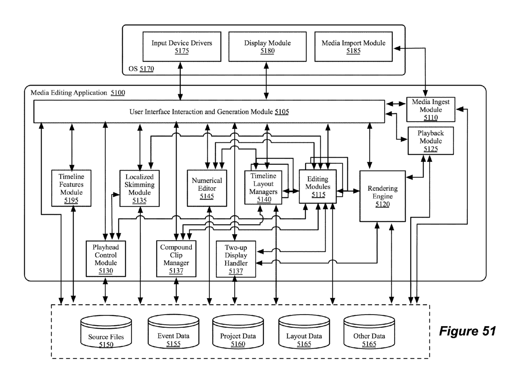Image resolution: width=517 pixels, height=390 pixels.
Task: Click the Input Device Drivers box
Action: click(x=182, y=47)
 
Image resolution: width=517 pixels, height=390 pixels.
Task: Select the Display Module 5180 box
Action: click(x=267, y=47)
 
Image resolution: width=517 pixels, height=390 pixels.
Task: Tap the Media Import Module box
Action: click(x=353, y=47)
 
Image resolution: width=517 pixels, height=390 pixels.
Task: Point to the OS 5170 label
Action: click(x=141, y=69)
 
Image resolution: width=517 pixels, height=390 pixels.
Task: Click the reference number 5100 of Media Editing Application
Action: click(x=118, y=93)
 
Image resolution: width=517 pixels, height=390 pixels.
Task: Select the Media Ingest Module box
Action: click(x=431, y=109)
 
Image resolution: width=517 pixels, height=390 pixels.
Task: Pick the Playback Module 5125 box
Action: click(x=431, y=141)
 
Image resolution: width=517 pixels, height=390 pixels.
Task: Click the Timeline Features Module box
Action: click(x=71, y=188)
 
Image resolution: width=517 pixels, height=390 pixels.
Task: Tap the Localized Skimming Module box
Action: click(x=140, y=188)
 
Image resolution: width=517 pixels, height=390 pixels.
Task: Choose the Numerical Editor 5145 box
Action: click(x=207, y=188)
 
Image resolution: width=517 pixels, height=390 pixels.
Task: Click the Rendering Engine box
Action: click(x=382, y=196)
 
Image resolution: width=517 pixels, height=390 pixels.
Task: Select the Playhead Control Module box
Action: click(x=106, y=259)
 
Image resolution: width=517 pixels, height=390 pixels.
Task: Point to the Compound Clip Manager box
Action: click(x=176, y=259)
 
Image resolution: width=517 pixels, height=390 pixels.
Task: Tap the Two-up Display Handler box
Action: click(x=236, y=259)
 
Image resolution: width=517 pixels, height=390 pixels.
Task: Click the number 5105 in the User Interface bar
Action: click(x=282, y=112)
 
